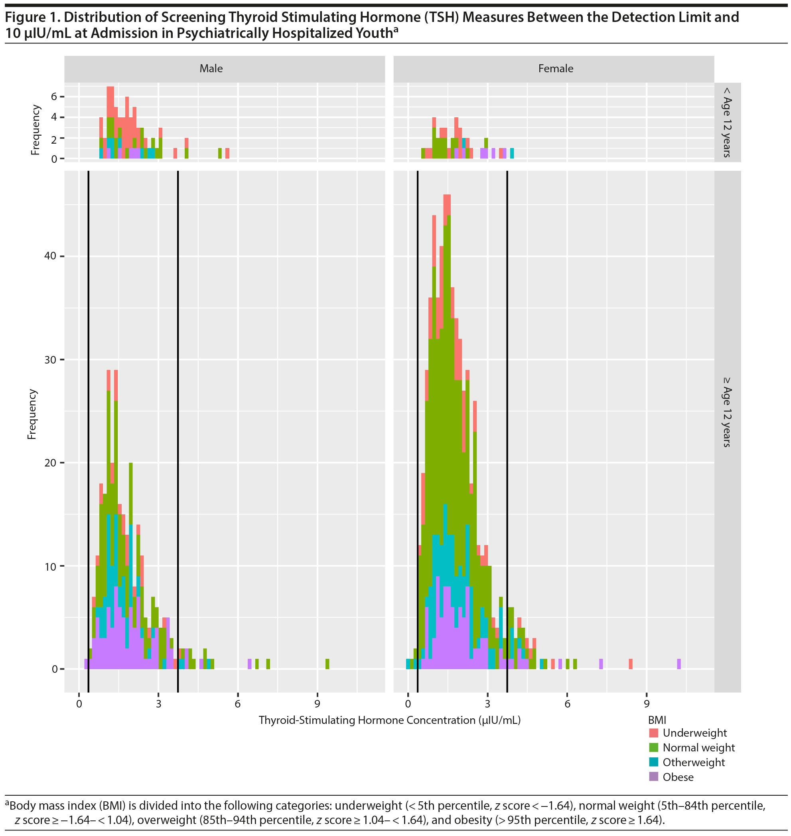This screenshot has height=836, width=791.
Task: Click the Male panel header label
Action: click(x=211, y=68)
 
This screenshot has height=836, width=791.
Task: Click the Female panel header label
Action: click(x=555, y=68)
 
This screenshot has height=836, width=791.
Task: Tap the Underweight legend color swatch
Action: click(x=653, y=733)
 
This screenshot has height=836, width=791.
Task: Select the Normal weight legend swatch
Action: click(x=653, y=747)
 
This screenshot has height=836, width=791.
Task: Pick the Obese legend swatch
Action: click(x=653, y=777)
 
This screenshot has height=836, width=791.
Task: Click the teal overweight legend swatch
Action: click(x=653, y=762)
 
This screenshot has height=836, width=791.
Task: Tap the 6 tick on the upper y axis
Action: click(x=54, y=97)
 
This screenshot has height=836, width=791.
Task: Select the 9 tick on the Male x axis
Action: click(x=317, y=704)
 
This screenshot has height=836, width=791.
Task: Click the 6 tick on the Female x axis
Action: click(x=567, y=704)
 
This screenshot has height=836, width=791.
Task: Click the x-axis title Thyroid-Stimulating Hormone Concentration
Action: click(x=390, y=720)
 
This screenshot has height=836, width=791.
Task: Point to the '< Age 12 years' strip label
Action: click(x=727, y=123)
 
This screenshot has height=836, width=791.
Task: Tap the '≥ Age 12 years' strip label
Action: click(x=727, y=412)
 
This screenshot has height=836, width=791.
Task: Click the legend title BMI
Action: click(x=657, y=719)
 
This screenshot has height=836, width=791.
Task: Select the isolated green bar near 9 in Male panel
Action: click(x=327, y=664)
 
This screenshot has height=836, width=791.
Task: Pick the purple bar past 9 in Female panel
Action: click(x=679, y=664)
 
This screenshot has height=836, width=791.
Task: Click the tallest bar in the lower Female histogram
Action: click(x=447, y=422)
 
